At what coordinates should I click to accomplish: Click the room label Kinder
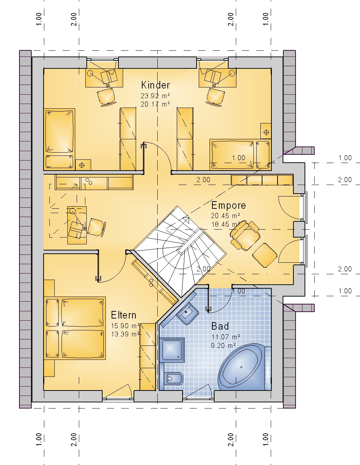click(x=156, y=85)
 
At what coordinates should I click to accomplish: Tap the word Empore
click(x=229, y=206)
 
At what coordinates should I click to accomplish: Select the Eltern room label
click(x=123, y=315)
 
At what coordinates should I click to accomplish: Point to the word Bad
click(x=220, y=326)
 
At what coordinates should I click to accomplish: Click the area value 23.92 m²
click(x=155, y=95)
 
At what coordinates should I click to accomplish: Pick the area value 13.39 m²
click(x=125, y=334)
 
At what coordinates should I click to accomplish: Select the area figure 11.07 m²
click(x=226, y=337)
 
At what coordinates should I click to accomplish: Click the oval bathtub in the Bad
click(x=242, y=367)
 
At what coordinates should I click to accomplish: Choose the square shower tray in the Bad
click(x=172, y=350)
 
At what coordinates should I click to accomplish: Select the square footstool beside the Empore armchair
click(x=265, y=255)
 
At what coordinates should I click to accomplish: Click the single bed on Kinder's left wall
click(x=59, y=139)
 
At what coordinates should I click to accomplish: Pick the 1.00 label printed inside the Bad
click(x=239, y=291)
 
